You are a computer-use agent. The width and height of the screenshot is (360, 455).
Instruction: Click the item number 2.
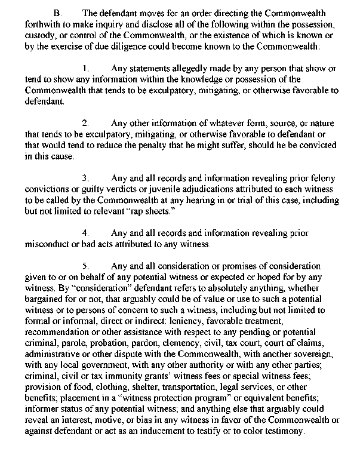point(85,124)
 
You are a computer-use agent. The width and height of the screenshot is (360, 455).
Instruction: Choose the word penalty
point(177,146)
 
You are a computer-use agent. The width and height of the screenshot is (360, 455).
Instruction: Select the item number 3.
point(85,179)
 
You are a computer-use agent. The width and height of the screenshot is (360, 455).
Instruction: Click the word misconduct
point(50,245)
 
